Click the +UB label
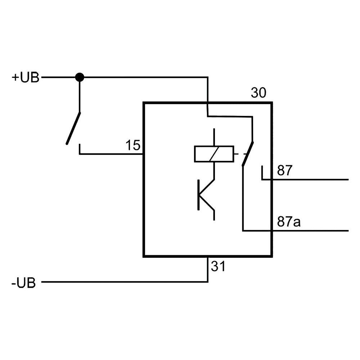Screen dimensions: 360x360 pyautogui.click(x=25, y=78)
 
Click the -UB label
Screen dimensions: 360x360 pyautogui.click(x=24, y=283)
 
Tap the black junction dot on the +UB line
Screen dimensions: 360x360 pyautogui.click(x=80, y=77)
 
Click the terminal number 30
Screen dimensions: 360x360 pyautogui.click(x=258, y=93)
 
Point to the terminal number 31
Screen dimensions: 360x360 pyautogui.click(x=218, y=267)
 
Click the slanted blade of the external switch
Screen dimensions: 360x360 pyautogui.click(x=73, y=128)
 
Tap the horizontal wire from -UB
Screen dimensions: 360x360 pyautogui.click(x=122, y=282)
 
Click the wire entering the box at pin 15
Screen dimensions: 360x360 pyautogui.click(x=112, y=154)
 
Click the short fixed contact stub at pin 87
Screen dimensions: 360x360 pyautogui.click(x=262, y=172)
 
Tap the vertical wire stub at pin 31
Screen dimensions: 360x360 pyautogui.click(x=208, y=269)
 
